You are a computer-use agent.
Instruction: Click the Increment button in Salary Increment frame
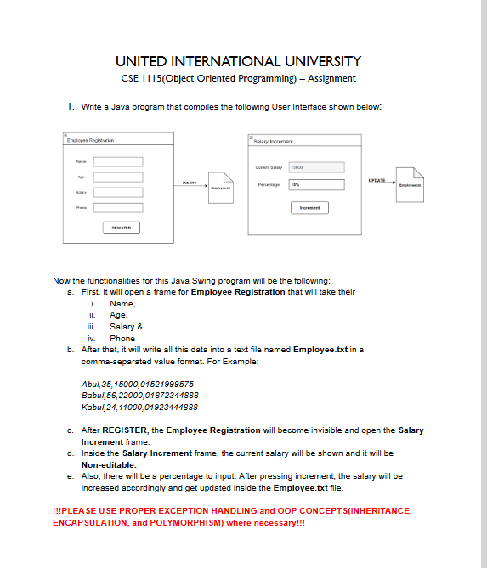click(309, 207)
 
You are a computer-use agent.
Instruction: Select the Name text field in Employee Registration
click(118, 161)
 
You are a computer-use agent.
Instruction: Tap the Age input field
click(118, 177)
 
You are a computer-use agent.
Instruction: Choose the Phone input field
click(118, 206)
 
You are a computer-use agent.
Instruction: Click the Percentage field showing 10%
click(317, 184)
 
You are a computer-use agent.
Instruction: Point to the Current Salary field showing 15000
click(317, 168)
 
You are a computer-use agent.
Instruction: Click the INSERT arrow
click(190, 184)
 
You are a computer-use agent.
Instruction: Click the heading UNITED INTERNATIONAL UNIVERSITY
click(238, 61)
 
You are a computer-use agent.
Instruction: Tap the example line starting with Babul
click(139, 395)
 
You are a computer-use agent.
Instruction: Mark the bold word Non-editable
click(109, 465)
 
